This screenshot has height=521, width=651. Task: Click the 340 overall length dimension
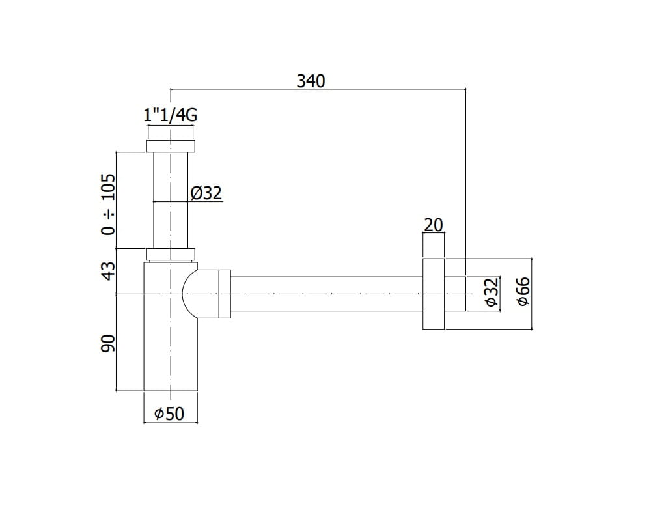click(x=311, y=81)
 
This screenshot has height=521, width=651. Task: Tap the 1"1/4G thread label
click(x=170, y=115)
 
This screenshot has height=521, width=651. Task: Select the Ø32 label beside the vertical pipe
click(x=206, y=193)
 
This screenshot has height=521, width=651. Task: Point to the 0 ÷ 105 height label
click(x=108, y=204)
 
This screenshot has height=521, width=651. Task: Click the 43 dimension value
click(x=108, y=271)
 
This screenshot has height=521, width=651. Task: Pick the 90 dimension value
click(x=108, y=343)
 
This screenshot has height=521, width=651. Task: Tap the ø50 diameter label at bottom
click(x=169, y=414)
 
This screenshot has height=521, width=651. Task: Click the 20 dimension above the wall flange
click(x=434, y=225)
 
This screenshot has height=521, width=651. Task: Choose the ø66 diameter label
click(x=523, y=291)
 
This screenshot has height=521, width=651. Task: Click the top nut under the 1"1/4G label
click(x=171, y=147)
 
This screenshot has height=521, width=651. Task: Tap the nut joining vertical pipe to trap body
click(x=171, y=254)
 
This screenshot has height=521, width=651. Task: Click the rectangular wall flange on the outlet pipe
click(x=434, y=294)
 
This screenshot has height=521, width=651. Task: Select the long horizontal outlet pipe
click(x=326, y=294)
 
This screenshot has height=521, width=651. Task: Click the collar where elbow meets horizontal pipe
click(x=225, y=294)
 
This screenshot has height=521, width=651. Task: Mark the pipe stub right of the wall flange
click(x=455, y=294)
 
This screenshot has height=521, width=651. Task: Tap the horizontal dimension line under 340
click(x=318, y=89)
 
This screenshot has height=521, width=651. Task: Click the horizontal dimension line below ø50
click(x=171, y=423)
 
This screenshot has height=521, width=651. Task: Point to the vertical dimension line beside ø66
click(x=532, y=294)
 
